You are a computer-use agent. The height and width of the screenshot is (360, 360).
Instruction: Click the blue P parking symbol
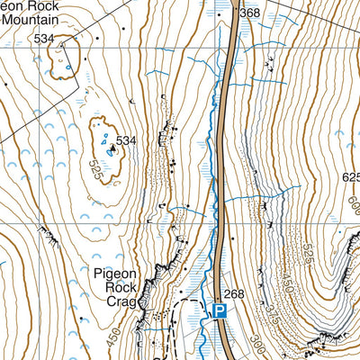coord(219,311)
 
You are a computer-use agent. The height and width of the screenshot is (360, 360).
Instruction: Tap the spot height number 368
coord(249,13)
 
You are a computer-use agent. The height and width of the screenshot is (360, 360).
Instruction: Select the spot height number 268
coord(234,294)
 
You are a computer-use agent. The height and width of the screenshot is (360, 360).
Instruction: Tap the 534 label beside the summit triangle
coord(125,140)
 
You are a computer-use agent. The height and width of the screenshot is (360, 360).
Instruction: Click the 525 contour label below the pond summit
coord(96,168)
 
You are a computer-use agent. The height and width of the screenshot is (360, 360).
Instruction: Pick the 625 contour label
coord(351,178)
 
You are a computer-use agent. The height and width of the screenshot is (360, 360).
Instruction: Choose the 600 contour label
coord(352,205)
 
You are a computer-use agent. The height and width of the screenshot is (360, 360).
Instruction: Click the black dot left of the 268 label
coord(219,293)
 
